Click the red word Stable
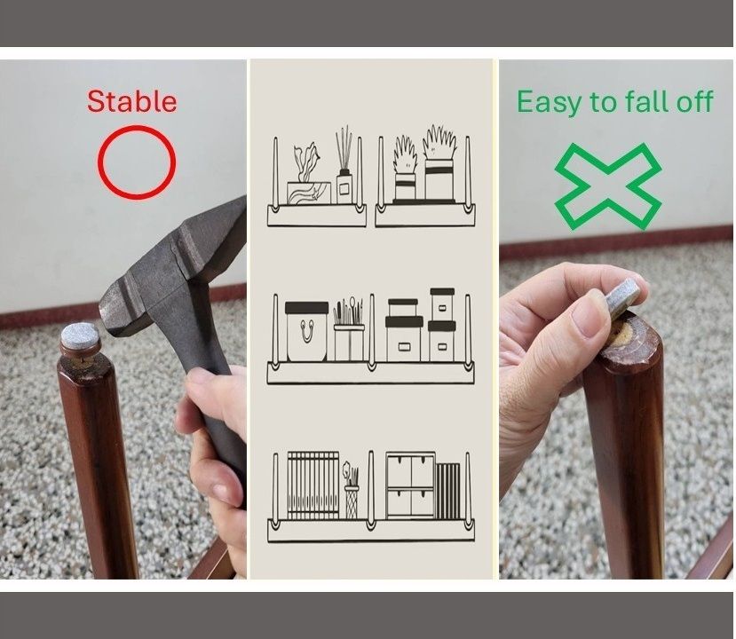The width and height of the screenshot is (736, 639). (x=132, y=101)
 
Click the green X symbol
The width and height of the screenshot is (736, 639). (x=608, y=186)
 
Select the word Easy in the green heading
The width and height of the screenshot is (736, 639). (x=550, y=102)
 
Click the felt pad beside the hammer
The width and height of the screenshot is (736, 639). (x=80, y=337)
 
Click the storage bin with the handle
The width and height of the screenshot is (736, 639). (x=306, y=332)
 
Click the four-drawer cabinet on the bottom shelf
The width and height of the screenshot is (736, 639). (x=410, y=485)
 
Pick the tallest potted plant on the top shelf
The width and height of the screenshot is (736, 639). (x=439, y=163)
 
